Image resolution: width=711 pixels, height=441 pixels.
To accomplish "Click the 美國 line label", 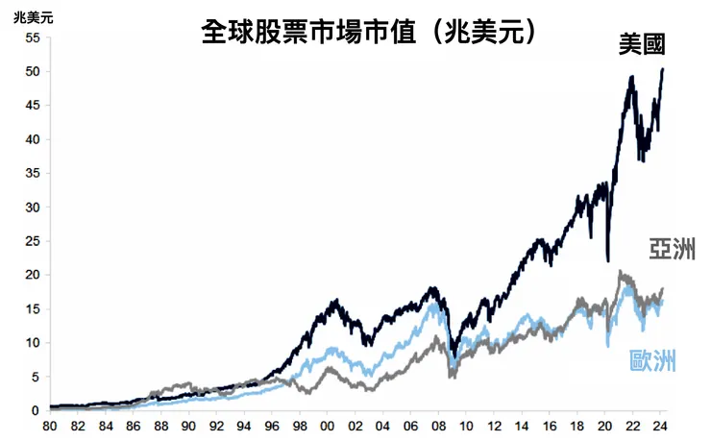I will click(643, 44).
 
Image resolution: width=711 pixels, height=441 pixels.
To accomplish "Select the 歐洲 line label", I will click(652, 361).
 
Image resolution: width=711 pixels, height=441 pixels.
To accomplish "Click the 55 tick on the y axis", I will click(31, 38).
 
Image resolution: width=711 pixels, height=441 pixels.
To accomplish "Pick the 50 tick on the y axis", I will click(31, 72).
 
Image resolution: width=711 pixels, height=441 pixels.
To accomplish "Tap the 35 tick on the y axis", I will click(31, 174).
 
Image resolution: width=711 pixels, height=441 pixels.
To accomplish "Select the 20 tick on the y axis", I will click(31, 275).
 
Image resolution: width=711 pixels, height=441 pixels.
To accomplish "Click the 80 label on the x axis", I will click(48, 427).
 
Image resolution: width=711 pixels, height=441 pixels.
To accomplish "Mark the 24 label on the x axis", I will click(662, 427).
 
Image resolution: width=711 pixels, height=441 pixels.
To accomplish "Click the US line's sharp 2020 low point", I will click(607, 260).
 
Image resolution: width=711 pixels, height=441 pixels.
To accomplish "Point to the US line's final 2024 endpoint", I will click(663, 69).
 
